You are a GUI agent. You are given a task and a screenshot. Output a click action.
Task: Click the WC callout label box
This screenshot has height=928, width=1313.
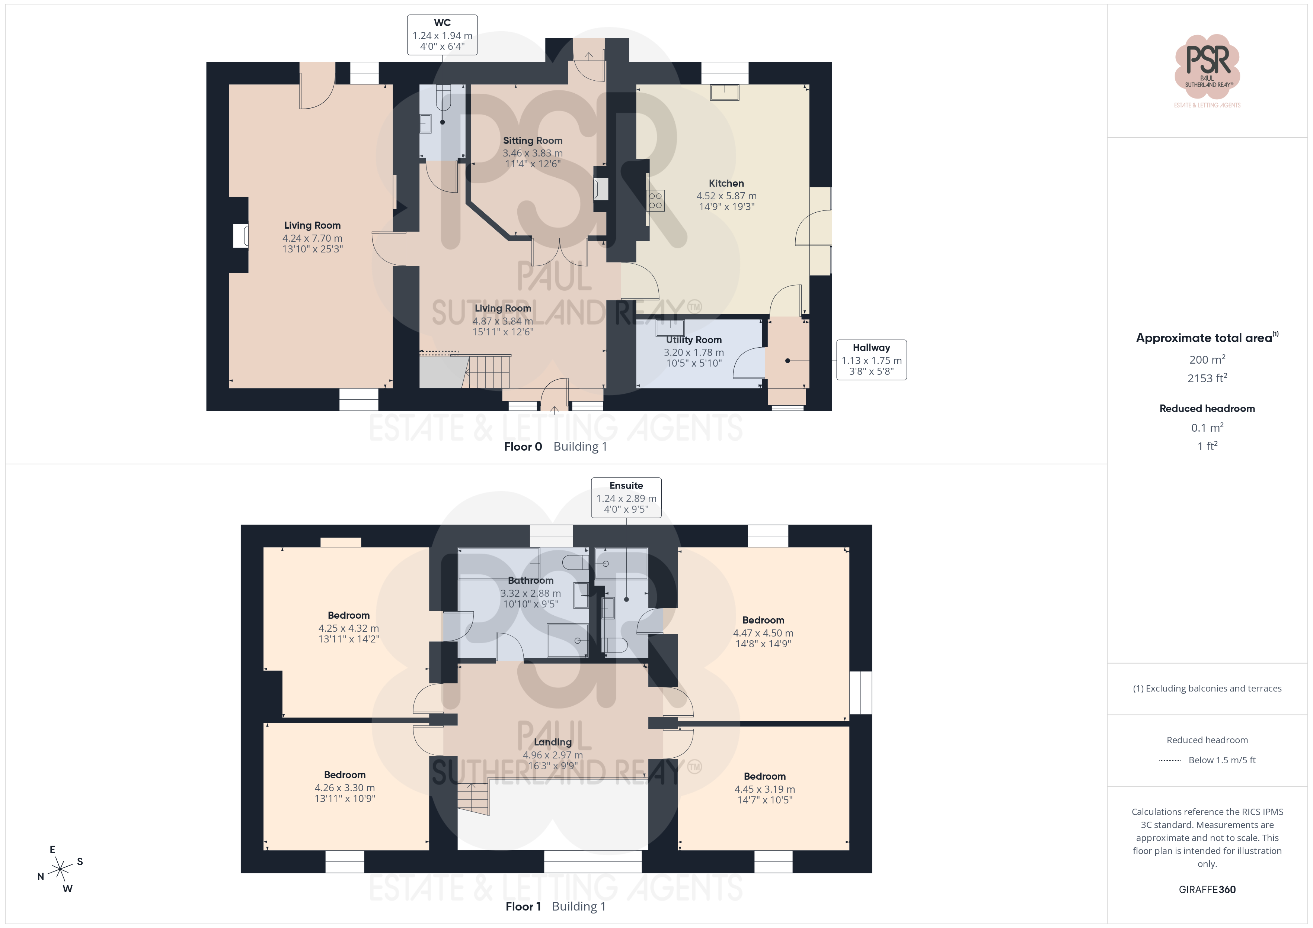click(x=442, y=35)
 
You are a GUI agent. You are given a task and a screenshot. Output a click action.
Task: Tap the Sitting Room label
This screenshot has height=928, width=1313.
click(x=533, y=141)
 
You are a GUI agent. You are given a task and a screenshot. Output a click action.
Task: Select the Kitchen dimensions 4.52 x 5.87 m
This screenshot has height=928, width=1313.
click(x=726, y=196)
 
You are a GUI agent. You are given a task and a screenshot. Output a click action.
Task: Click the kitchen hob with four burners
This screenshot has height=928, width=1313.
click(x=655, y=200)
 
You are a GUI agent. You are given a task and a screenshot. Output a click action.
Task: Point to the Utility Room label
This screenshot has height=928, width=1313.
click(x=694, y=340)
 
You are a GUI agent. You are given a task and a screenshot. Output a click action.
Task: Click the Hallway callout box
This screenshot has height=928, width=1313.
click(x=872, y=360)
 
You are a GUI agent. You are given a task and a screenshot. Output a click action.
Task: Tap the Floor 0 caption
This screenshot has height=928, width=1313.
click(x=523, y=447)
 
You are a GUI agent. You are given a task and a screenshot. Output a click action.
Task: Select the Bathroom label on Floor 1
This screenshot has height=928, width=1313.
click(x=531, y=581)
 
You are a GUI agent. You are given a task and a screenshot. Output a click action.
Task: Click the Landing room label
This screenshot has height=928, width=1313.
click(x=552, y=742)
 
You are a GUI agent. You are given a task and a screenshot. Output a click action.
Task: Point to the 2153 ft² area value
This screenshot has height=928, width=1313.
click(x=1207, y=378)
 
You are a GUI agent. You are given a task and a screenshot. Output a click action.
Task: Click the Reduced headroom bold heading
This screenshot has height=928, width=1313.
click(x=1207, y=409)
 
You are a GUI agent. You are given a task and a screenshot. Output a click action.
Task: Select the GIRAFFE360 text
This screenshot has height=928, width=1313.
click(x=1207, y=890)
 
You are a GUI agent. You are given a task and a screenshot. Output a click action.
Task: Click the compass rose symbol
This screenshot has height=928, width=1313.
click(x=60, y=869)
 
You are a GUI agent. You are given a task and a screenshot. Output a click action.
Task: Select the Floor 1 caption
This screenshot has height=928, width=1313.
click(x=523, y=906)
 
